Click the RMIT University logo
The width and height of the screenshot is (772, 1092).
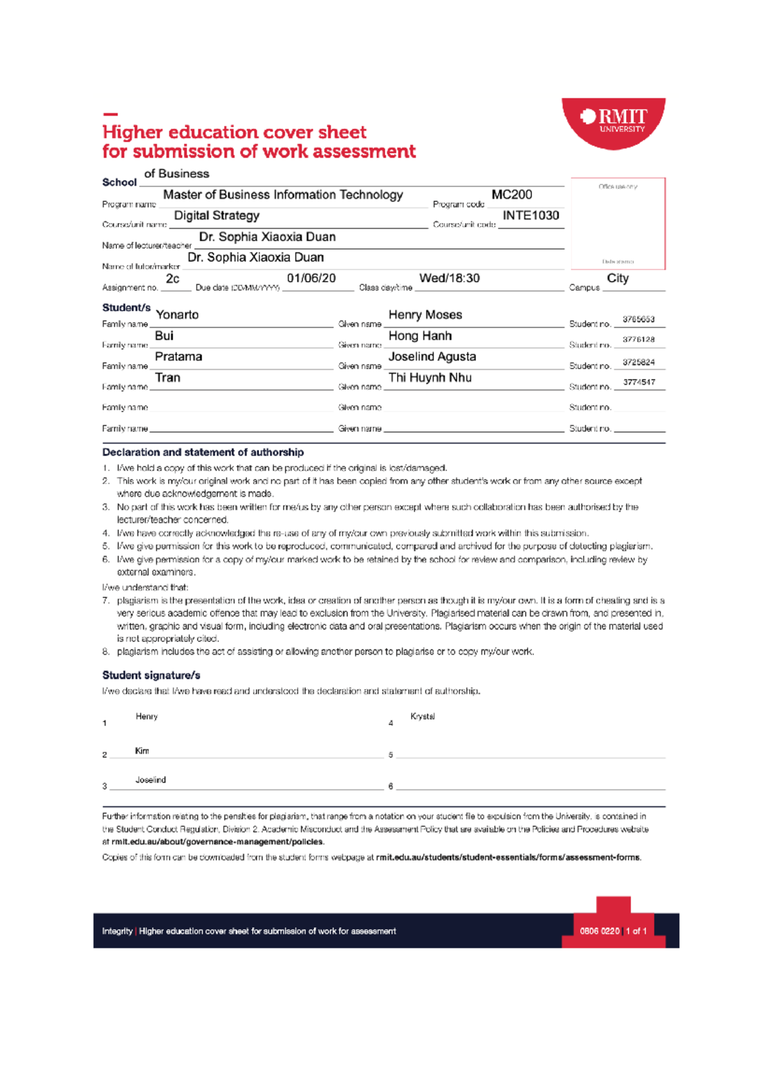point(614,122)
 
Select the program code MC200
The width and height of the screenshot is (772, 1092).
point(511,195)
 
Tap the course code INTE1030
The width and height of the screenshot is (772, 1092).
point(531,215)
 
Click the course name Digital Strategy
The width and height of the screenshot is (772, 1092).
point(217,215)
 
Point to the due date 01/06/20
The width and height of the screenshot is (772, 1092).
point(311,278)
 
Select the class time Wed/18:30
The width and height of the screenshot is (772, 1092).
point(449,278)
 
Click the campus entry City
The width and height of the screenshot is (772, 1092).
point(618,278)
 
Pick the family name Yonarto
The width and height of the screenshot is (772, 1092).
point(177,314)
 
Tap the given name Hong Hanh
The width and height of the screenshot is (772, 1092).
point(420,336)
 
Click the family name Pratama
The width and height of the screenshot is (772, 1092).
point(178,356)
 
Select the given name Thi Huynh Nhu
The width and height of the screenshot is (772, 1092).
point(430,378)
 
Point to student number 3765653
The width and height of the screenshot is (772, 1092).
point(638,319)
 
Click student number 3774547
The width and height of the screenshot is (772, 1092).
point(639,382)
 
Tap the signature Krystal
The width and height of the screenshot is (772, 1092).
point(423,716)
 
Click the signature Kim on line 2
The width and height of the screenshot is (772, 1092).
point(142,751)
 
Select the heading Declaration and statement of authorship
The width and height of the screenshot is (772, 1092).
point(203,452)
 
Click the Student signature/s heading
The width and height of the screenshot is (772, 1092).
point(151,675)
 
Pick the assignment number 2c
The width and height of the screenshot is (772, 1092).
point(172,278)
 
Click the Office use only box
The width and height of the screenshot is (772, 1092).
point(618,223)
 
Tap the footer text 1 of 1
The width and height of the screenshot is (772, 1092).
point(636,931)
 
